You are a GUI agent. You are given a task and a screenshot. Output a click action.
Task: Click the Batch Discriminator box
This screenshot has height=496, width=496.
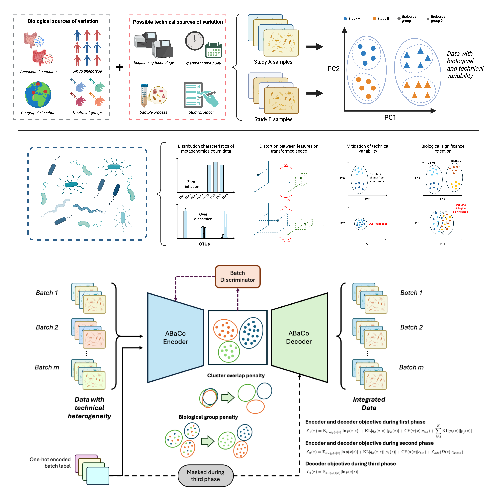[x=237, y=277]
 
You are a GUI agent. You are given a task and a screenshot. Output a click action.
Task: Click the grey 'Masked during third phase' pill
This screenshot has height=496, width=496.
[x=205, y=475]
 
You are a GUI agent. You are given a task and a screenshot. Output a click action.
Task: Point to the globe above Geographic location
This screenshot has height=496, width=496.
[x=38, y=94]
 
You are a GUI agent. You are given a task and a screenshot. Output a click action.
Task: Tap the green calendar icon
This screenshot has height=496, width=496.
[x=214, y=50]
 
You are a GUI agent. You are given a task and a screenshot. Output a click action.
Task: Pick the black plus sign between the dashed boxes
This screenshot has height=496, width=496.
[x=119, y=67]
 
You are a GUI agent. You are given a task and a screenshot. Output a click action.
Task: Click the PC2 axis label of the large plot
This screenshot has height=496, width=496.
[x=333, y=69]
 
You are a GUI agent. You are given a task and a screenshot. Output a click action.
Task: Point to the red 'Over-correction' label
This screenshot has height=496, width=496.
[x=378, y=224]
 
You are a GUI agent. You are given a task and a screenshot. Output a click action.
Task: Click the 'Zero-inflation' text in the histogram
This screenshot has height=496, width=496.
[x=192, y=184]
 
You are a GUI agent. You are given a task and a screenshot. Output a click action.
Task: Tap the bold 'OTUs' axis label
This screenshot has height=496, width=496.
[x=204, y=244]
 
